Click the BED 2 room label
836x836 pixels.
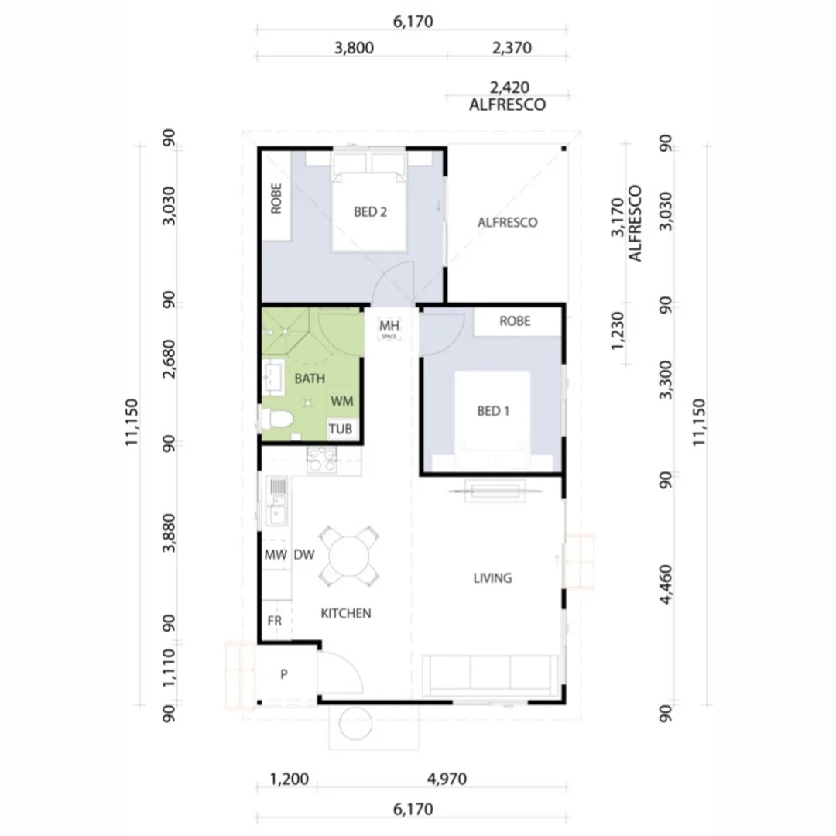coord(370,211)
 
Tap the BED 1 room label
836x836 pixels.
coord(493,411)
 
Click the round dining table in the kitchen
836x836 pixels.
coord(350,556)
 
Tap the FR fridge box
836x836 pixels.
coord(274,621)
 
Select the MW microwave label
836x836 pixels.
coord(275,555)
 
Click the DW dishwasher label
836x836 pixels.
coord(303,555)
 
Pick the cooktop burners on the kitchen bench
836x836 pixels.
coord(322,461)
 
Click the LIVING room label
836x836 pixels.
coord(492,577)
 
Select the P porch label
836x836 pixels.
coord(283,674)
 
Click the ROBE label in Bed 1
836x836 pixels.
coord(515,321)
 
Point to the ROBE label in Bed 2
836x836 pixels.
coord(276,197)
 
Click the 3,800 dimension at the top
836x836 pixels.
coord(354,48)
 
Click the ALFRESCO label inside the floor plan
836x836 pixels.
coord(507,222)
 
